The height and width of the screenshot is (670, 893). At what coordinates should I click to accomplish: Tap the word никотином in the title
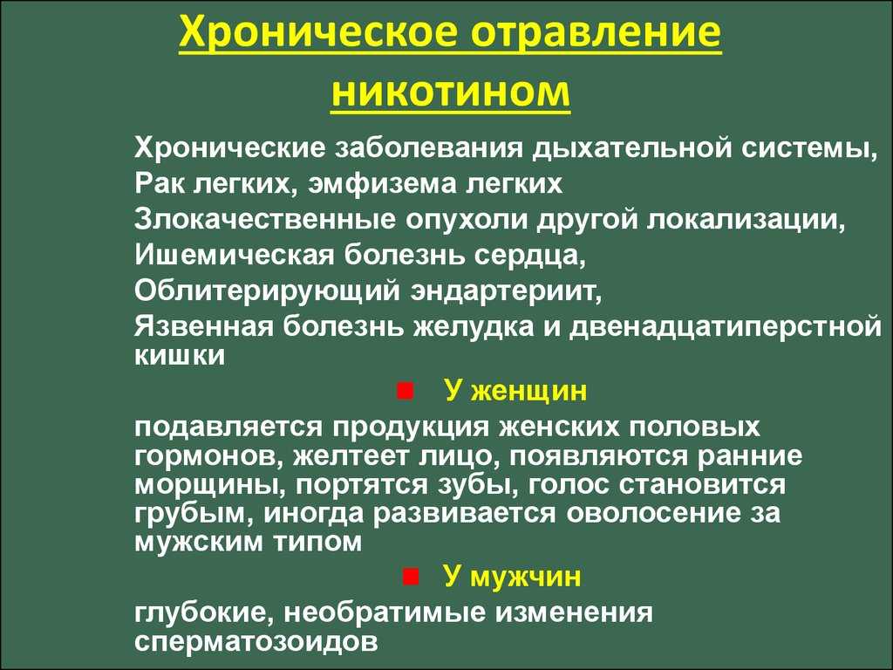(451, 91)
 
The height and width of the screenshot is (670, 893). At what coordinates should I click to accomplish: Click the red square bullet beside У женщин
(405, 391)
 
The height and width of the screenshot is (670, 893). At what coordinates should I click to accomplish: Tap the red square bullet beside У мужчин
(411, 577)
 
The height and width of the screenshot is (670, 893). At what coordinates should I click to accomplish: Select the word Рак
(160, 183)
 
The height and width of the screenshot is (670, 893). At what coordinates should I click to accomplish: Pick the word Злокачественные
(265, 220)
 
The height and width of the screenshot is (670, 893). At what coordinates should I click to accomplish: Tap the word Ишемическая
(234, 256)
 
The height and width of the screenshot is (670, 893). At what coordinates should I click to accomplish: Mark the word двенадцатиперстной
(725, 327)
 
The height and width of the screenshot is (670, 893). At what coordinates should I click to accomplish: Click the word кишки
(180, 356)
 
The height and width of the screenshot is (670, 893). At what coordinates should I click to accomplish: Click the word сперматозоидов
(256, 641)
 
